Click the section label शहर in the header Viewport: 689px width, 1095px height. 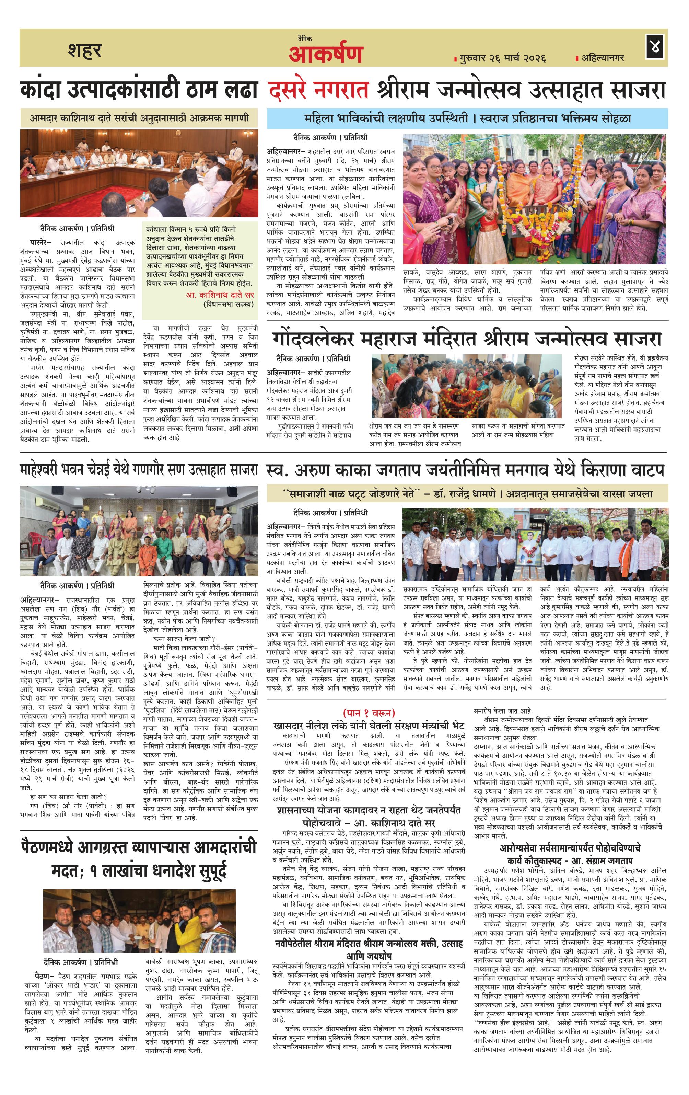85,50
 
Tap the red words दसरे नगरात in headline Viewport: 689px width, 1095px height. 318,89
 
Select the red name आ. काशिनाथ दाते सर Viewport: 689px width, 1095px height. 220,295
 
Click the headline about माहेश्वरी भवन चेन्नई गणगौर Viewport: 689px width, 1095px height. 139,469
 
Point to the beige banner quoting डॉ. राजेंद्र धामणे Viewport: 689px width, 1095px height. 467,493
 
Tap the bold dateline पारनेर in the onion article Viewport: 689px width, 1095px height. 40,242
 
